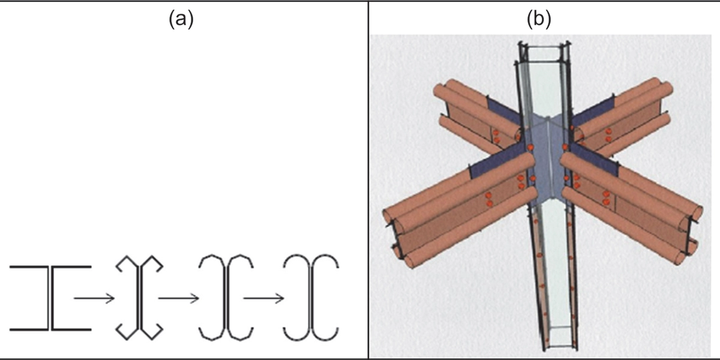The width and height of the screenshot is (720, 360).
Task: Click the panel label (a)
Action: point(180,20)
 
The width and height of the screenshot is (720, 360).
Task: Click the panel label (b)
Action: point(538,20)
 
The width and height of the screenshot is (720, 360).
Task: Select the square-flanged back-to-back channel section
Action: point(50,298)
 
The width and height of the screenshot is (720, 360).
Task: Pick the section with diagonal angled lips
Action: point(140,298)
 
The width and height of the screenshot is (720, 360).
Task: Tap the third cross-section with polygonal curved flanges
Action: point(226,298)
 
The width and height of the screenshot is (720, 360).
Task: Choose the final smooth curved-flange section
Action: point(311,298)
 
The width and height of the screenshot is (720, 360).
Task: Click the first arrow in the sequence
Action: point(94,298)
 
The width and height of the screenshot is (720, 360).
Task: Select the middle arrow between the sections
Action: point(178,298)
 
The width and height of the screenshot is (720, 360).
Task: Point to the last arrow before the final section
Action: point(264,298)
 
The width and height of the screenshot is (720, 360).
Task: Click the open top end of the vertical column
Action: point(544,52)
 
